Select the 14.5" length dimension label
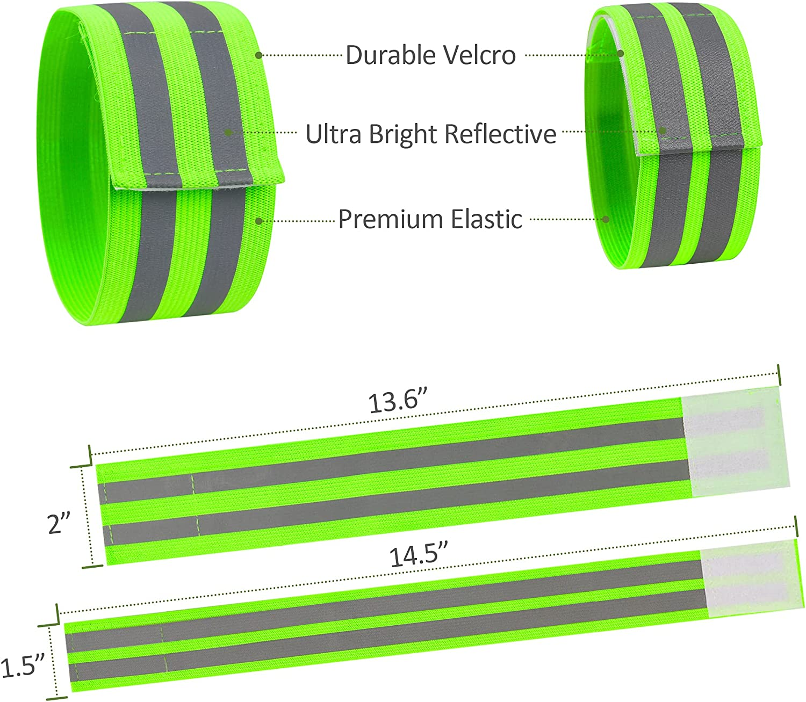[x=418, y=556]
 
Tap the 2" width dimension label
[x=59, y=524]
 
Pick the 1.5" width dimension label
[x=21, y=667]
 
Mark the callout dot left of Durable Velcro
[x=258, y=55]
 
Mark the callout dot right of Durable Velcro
[x=621, y=54]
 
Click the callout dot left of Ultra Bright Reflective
[x=228, y=133]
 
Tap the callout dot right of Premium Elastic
[x=606, y=219]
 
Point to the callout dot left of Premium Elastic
[x=258, y=220]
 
